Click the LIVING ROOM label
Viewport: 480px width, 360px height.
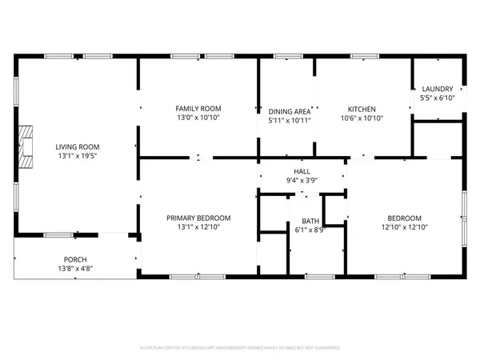77,146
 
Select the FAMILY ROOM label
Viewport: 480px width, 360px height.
198,108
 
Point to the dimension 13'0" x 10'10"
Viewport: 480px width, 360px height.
198,118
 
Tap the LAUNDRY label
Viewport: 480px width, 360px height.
437,89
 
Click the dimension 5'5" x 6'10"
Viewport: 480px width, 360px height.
437,98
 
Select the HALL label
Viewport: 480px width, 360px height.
302,171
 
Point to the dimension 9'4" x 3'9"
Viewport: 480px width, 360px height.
302,181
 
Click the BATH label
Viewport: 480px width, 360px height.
310,221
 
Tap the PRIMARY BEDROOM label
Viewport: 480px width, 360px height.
198,218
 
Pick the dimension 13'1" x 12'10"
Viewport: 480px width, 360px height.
198,228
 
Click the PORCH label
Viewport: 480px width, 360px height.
76,259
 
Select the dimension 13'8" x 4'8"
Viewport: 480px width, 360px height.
76,269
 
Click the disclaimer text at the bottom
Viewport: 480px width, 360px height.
240,348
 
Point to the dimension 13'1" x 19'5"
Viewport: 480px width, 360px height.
77,157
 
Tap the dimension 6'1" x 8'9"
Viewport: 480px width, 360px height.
310,230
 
